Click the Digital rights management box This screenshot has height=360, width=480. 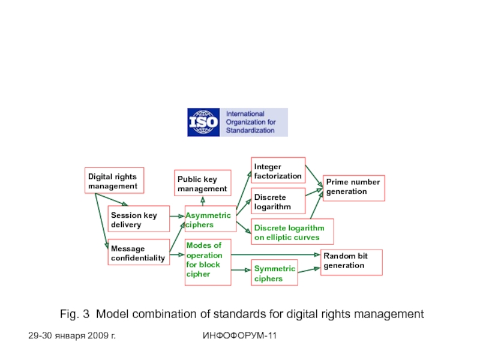point(114,181)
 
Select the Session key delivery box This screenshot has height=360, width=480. point(138,220)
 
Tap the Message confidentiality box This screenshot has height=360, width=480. point(139,253)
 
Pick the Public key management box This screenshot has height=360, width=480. point(202,184)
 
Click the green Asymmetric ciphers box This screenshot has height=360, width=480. point(208,220)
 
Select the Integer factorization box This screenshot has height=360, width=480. point(278,170)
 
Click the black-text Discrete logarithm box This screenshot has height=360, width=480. point(278,202)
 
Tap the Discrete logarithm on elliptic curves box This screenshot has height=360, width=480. point(292,232)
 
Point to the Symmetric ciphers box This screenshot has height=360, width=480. point(275,274)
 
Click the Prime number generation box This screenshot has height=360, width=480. point(354,187)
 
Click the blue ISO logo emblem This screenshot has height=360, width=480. point(203,122)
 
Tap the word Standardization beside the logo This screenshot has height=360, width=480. point(251,130)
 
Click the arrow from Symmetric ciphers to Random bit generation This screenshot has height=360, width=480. point(308,270)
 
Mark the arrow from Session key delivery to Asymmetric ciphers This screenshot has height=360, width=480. point(177,216)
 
